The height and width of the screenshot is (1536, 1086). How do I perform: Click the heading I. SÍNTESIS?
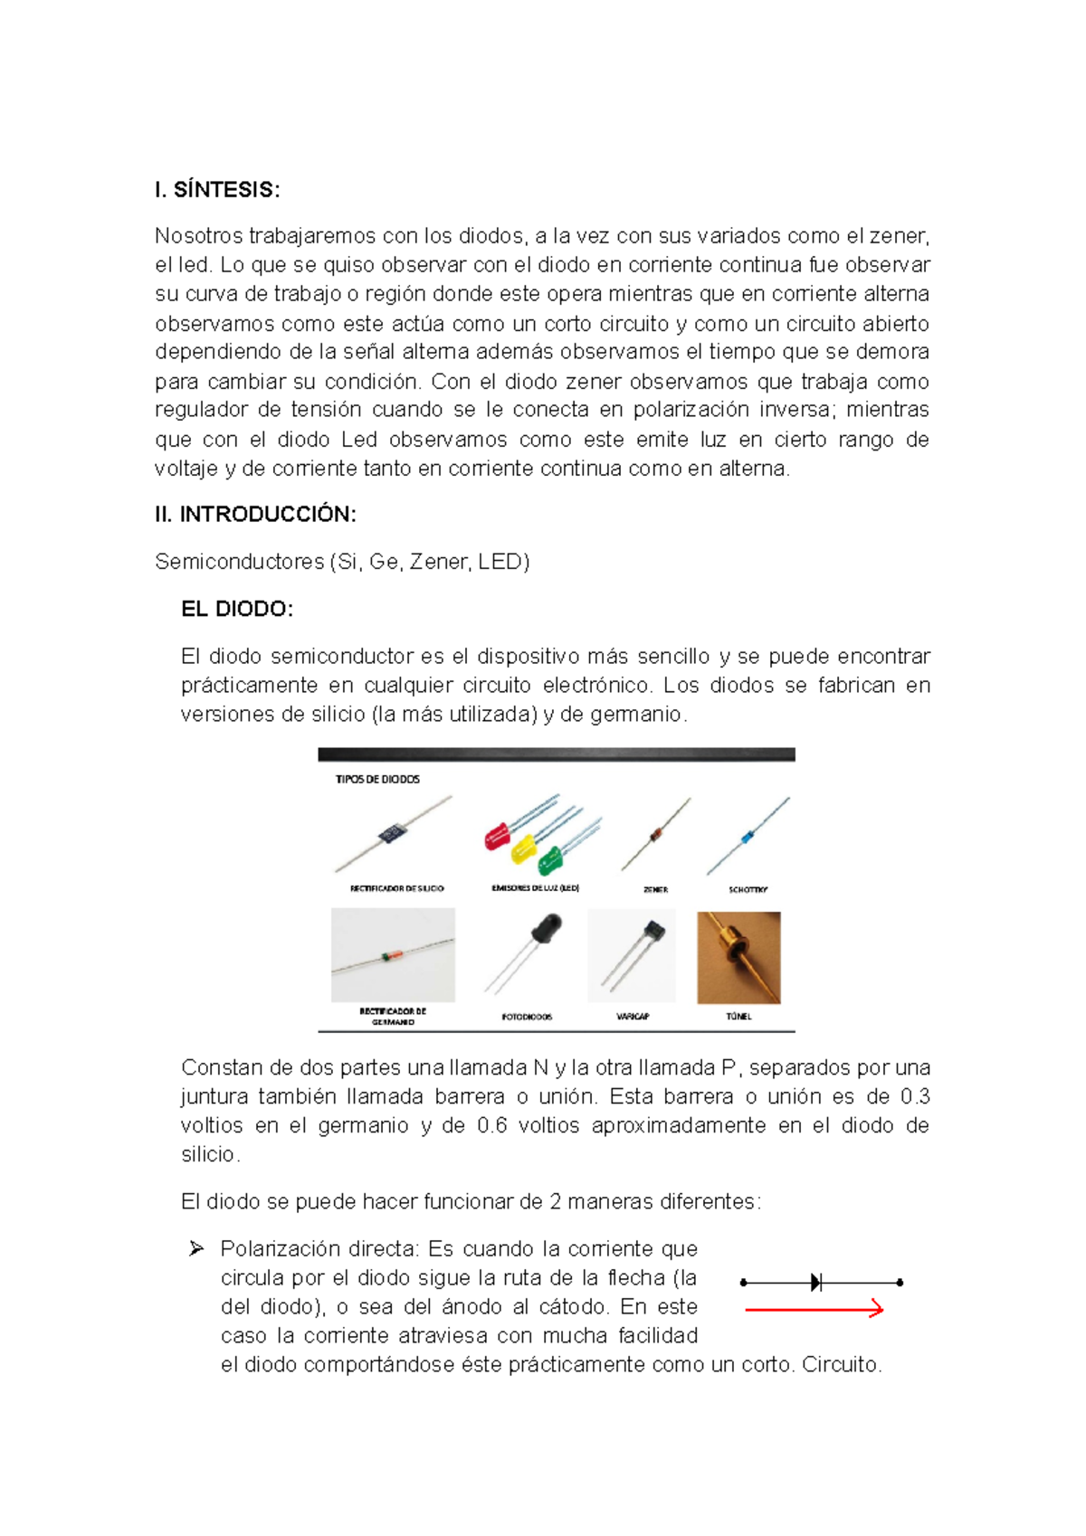pyautogui.click(x=217, y=190)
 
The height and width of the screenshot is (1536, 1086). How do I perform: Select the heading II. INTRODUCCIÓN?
pyautogui.click(x=255, y=515)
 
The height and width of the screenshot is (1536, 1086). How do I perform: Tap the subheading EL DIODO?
pyautogui.click(x=237, y=609)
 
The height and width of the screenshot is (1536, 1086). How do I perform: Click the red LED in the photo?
pyautogui.click(x=497, y=835)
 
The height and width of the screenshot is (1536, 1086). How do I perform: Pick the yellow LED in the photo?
pyautogui.click(x=524, y=849)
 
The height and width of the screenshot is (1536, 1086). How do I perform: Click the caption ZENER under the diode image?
pyautogui.click(x=655, y=890)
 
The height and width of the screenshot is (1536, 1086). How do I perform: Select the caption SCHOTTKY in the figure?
pyautogui.click(x=748, y=890)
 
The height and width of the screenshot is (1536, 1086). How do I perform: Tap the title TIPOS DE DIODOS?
pyautogui.click(x=377, y=779)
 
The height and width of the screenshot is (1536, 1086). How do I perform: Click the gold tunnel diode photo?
pyautogui.click(x=738, y=958)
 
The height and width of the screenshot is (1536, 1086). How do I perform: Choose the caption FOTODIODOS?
pyautogui.click(x=527, y=1017)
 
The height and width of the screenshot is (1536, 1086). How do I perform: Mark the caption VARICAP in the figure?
pyautogui.click(x=633, y=1017)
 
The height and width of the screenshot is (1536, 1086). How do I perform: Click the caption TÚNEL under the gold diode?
pyautogui.click(x=738, y=1017)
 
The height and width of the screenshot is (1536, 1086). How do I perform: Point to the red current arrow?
pyautogui.click(x=813, y=1309)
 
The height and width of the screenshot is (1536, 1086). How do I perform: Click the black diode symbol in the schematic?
pyautogui.click(x=816, y=1282)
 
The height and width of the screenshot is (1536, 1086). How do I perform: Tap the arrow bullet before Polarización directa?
pyautogui.click(x=196, y=1249)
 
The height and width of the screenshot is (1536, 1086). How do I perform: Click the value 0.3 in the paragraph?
pyautogui.click(x=915, y=1096)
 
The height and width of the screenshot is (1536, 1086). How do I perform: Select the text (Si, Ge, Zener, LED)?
pyautogui.click(x=430, y=562)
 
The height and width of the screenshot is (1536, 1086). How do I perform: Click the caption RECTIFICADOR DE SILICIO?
pyautogui.click(x=396, y=888)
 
